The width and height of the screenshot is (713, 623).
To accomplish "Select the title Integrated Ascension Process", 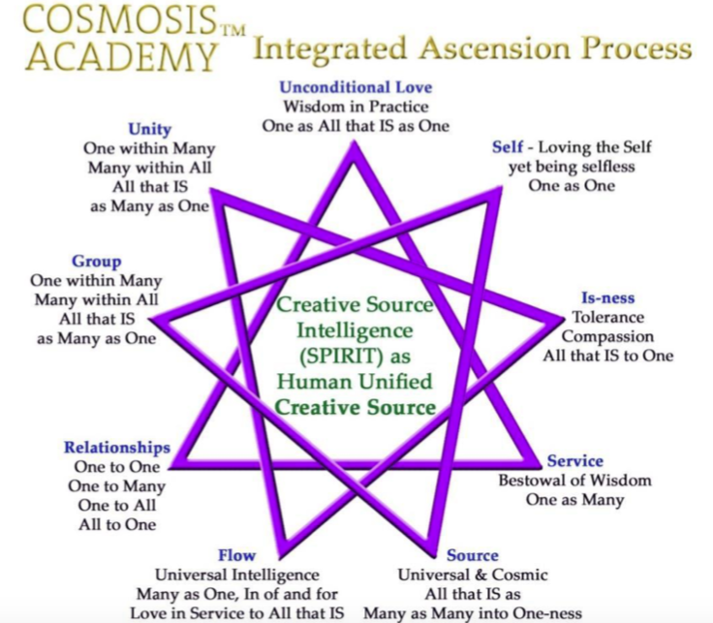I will coord(472,48).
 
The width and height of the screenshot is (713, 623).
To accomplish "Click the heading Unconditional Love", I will coord(356,87).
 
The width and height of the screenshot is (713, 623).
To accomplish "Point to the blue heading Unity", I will coord(149,129).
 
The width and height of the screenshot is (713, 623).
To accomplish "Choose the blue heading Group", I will coord(96,262).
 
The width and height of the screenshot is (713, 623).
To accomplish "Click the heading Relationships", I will coord(117,448).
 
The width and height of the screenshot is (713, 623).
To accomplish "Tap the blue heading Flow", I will coord(236,555).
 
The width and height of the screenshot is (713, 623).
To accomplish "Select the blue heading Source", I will coord(472,555).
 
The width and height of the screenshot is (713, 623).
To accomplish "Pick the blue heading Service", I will coord(574,461).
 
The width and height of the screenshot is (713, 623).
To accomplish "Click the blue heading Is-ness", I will coord(607,298).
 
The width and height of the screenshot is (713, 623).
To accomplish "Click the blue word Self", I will coord(508,147).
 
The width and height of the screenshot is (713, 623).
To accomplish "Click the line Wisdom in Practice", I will coord(356,106).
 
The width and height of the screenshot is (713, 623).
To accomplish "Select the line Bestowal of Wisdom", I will coord(574,481).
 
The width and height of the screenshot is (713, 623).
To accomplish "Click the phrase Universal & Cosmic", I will coord(472,575).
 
